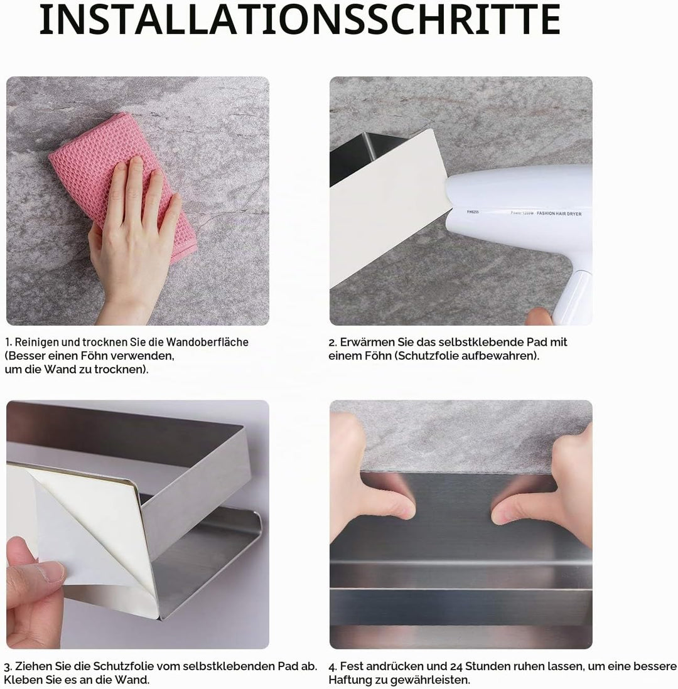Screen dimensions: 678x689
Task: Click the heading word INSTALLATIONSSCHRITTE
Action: click(300, 19)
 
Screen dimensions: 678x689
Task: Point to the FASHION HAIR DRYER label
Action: click(559, 213)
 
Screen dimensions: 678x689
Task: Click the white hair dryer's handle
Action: click(572, 297)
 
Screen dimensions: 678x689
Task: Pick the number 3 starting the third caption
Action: click(7, 666)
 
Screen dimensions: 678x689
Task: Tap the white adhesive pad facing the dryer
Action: click(389, 206)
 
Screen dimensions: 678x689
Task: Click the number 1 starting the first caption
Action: click(8, 342)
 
